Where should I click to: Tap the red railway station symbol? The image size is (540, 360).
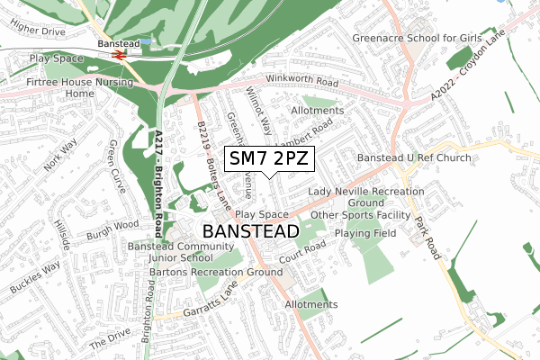pos(117,54)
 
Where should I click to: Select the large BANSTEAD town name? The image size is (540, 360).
pos(251,231)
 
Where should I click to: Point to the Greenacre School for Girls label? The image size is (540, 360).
pos(418,39)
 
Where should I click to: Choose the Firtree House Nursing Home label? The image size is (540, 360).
pos(79,87)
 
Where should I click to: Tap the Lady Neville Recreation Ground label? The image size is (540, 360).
pos(365,198)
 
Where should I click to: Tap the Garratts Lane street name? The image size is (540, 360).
pos(202,301)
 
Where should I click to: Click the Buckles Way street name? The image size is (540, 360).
pos(36,278)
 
